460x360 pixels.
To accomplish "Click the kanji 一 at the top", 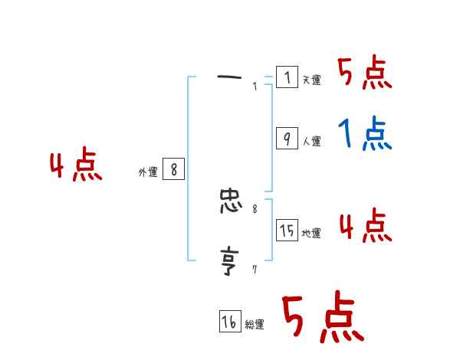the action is (x=230, y=77).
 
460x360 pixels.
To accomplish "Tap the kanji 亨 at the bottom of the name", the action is (x=230, y=260).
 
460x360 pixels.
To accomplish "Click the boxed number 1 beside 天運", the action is (x=287, y=77).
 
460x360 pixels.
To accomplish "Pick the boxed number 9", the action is (x=287, y=139).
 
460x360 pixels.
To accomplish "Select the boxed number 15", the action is (x=287, y=231).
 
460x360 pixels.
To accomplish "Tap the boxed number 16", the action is (x=229, y=322).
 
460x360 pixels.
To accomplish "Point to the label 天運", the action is (x=311, y=80).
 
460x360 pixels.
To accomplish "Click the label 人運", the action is (x=311, y=141).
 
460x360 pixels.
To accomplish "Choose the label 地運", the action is (x=311, y=233).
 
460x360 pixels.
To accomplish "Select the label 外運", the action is (x=148, y=173).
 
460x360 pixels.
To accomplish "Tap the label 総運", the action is (x=255, y=325).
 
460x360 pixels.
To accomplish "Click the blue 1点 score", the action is (x=366, y=135).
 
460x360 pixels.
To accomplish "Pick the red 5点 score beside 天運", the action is (x=365, y=73).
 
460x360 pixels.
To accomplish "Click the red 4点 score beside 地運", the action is (x=365, y=225).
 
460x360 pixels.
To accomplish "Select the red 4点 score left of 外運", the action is (x=76, y=166).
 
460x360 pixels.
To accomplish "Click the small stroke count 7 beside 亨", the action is (x=255, y=269).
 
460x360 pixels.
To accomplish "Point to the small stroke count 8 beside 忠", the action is (x=255, y=208).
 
